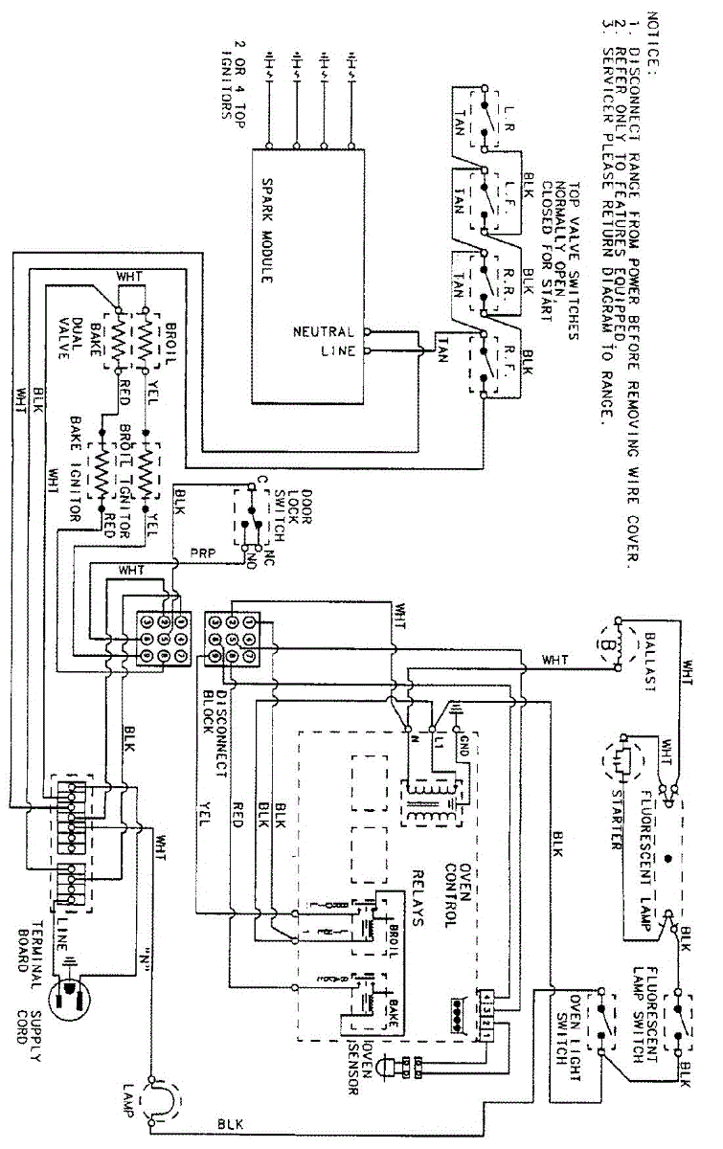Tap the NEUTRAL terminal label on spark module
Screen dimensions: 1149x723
click(x=325, y=332)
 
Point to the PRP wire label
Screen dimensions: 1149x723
click(x=202, y=552)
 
